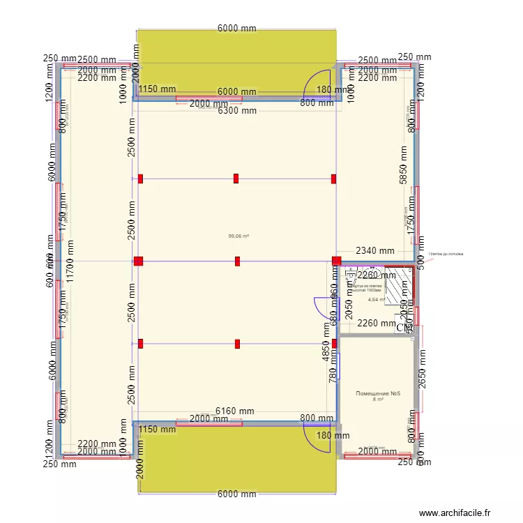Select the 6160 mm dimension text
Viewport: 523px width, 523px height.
point(234,412)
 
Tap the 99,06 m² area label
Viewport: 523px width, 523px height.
point(238,236)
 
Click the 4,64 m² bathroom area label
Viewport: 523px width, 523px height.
point(377,300)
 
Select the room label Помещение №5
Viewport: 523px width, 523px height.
point(377,393)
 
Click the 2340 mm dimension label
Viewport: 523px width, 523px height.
point(374,251)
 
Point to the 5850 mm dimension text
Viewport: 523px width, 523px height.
point(402,165)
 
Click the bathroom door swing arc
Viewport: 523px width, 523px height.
point(324,307)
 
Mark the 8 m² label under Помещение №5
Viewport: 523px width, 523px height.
point(378,400)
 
